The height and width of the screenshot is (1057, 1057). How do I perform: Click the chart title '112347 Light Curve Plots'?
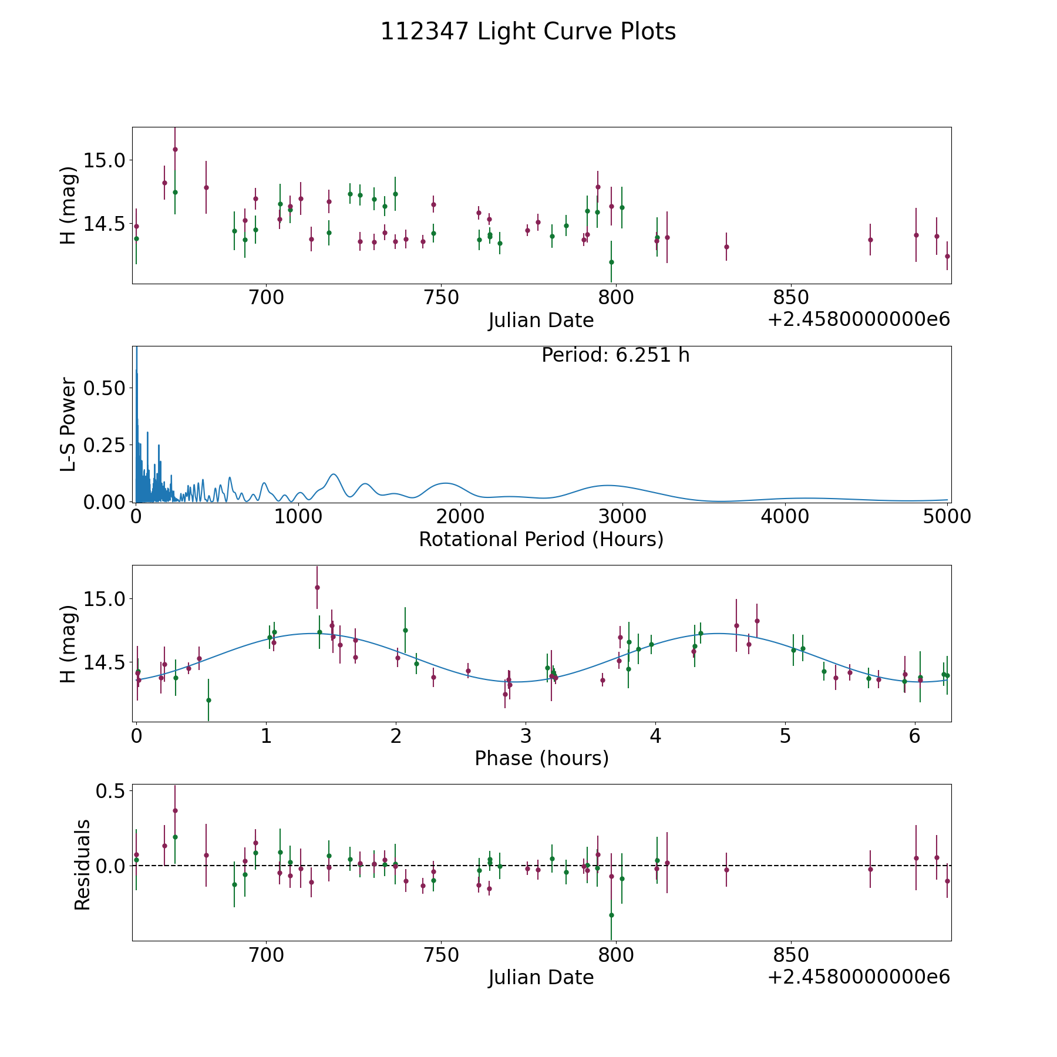tap(528, 32)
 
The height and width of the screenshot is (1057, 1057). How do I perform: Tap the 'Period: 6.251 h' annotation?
tap(615, 355)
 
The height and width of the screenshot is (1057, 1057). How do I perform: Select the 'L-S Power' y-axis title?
tap(69, 424)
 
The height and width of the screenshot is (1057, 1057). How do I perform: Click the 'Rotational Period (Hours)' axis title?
tap(541, 539)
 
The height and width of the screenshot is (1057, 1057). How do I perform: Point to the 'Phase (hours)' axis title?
tap(541, 758)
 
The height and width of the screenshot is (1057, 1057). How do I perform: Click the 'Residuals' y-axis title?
tap(82, 864)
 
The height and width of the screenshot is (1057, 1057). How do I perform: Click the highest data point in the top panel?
tap(175, 149)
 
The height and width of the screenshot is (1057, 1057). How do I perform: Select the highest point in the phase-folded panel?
tap(317, 587)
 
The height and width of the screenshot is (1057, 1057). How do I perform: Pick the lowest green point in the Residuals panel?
tap(611, 915)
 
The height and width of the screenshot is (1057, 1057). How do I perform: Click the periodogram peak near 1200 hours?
tap(334, 474)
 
